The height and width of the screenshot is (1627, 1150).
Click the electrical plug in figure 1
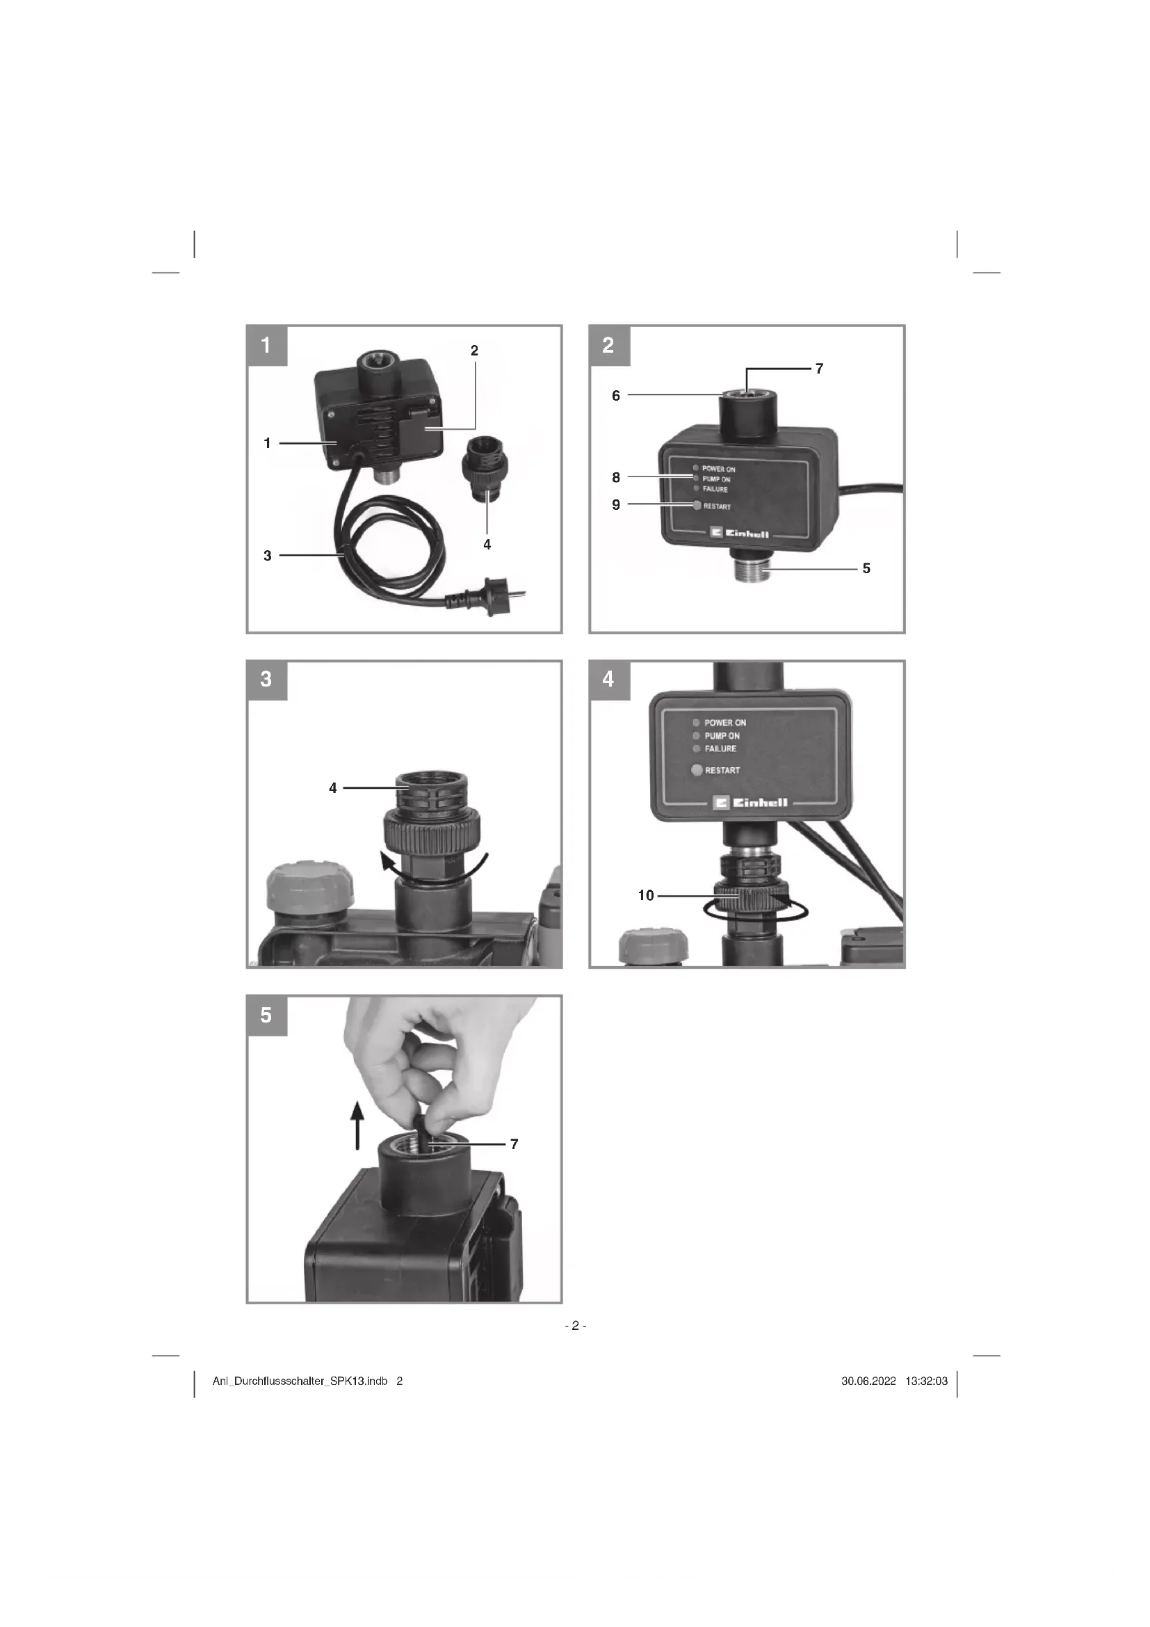click(x=489, y=592)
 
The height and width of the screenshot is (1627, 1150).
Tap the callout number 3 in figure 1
click(x=267, y=556)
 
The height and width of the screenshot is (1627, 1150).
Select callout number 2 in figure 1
click(x=474, y=350)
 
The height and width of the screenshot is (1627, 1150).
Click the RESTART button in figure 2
click(x=697, y=505)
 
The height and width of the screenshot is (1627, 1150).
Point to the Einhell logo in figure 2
click(x=739, y=533)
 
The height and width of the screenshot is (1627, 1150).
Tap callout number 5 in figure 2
click(x=866, y=568)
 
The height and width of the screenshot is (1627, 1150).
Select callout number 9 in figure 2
click(x=615, y=504)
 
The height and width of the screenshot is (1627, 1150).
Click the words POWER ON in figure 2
click(x=719, y=469)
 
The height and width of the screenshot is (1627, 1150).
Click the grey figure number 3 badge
click(x=267, y=680)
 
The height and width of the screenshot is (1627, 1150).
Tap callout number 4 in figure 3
click(x=333, y=787)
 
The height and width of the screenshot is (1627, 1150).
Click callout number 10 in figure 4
click(x=646, y=895)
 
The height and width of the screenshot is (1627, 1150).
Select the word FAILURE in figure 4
click(x=720, y=748)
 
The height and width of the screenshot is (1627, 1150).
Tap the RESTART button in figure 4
click(x=697, y=770)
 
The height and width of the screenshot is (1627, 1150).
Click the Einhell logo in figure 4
click(x=751, y=803)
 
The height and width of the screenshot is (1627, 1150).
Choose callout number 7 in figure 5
click(x=514, y=1144)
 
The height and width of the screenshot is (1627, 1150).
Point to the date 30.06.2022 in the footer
click(x=869, y=1381)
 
